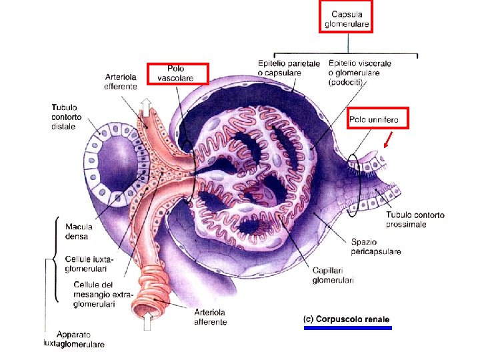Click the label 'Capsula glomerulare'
click(346, 19)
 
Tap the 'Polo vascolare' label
click(176, 73)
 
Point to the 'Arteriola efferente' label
click(121, 80)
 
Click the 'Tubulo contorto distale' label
click(64, 117)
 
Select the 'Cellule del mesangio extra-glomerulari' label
click(93, 293)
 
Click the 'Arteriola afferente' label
click(210, 317)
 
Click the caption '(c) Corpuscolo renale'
click(346, 319)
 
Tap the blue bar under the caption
click(346, 328)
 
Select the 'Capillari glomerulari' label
click(333, 275)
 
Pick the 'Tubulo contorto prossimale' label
click(415, 219)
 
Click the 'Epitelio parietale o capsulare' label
click(289, 68)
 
